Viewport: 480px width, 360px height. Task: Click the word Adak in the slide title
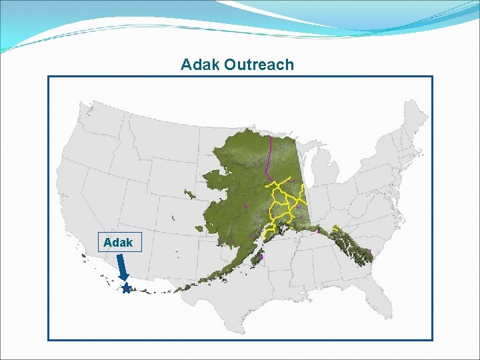point(201,65)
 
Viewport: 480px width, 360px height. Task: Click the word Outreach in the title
point(259,65)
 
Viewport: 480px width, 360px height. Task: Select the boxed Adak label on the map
point(119,243)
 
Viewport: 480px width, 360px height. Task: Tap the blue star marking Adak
point(126,289)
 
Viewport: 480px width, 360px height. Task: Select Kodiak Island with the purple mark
point(261,255)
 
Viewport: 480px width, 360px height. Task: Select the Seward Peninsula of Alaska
point(213,179)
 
